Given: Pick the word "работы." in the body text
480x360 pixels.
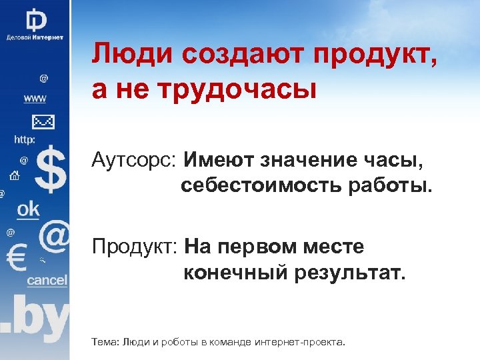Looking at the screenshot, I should click(389, 186).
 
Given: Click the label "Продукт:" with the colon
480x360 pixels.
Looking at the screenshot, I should click(135, 247).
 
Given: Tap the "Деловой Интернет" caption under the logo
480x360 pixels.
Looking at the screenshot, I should click(35, 37).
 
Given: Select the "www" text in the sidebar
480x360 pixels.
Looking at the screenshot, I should click(35, 99).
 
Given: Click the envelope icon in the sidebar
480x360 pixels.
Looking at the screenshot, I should click(43, 122).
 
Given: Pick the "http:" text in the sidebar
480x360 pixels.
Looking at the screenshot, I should click(25, 140).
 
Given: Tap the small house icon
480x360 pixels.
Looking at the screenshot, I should click(14, 176).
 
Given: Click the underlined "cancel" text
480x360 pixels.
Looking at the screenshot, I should click(47, 280).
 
